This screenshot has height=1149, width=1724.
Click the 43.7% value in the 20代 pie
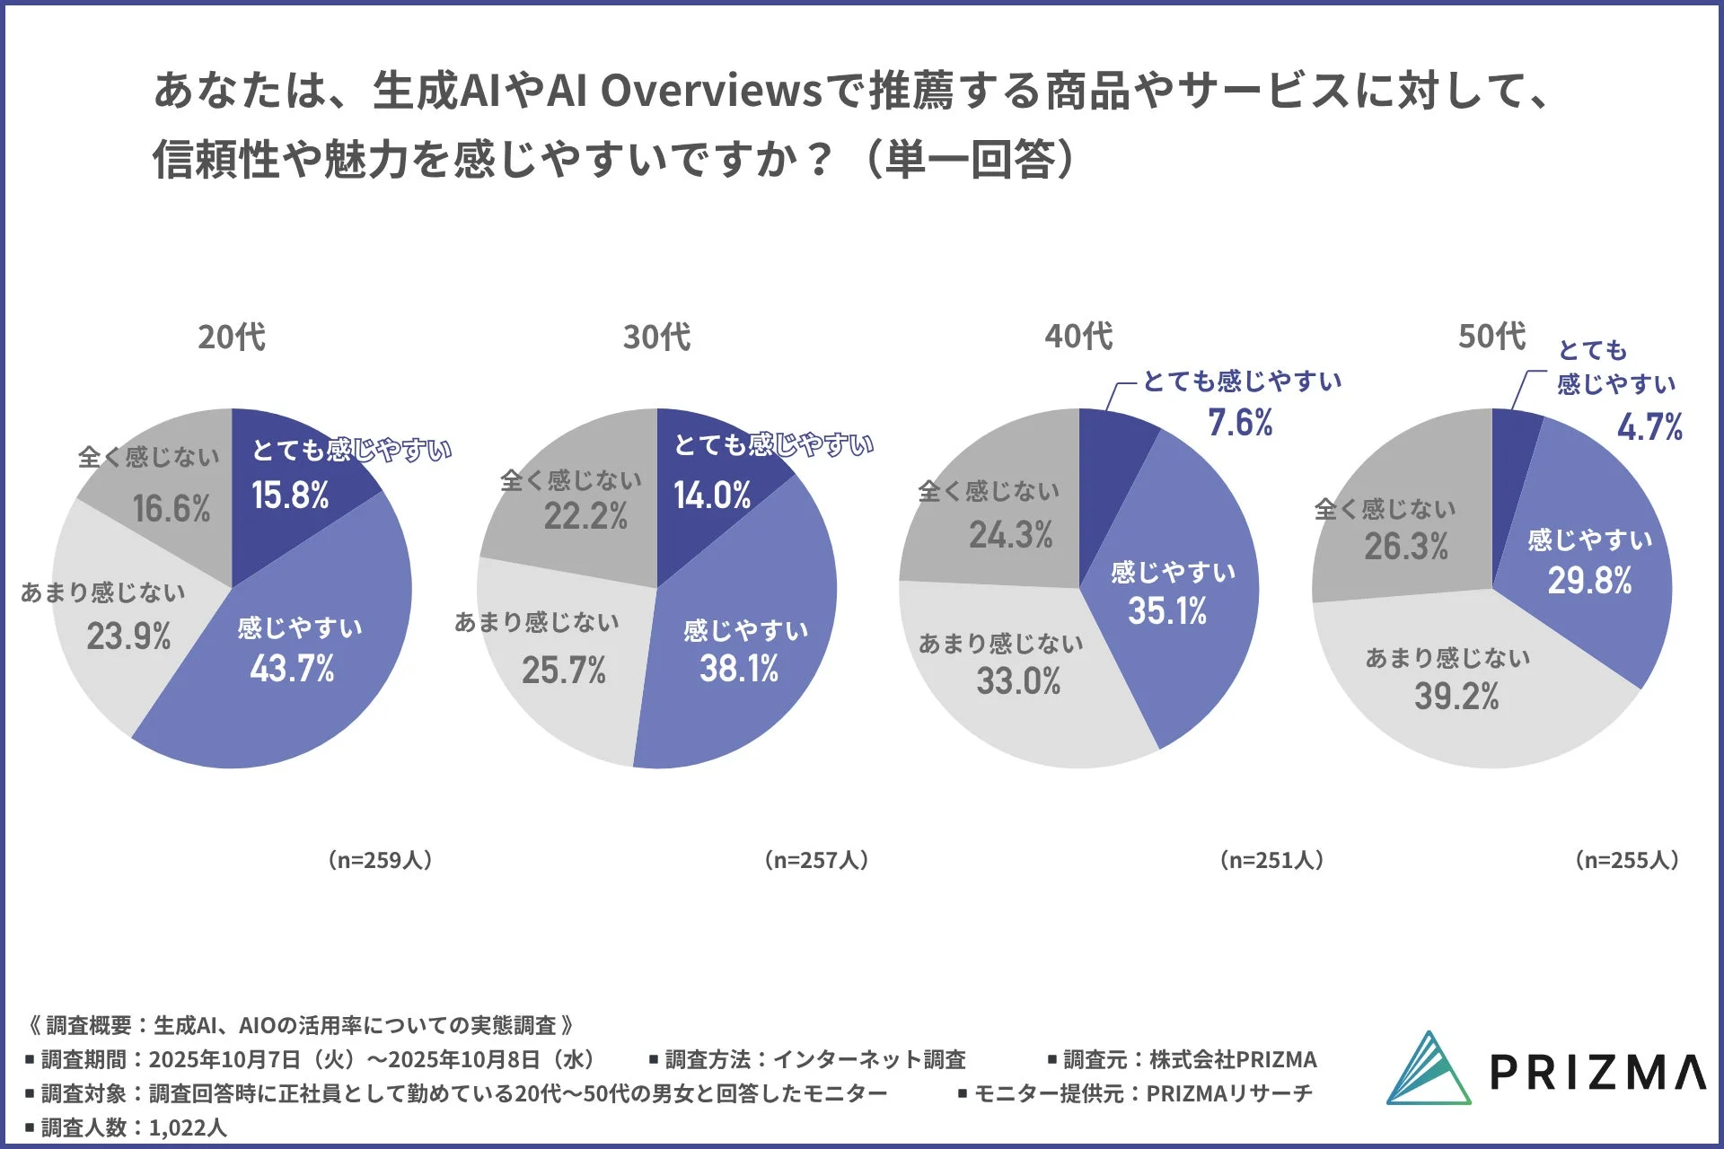point(292,669)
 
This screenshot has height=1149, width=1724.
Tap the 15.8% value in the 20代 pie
point(290,496)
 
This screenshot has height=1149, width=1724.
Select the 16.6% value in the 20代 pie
point(172,509)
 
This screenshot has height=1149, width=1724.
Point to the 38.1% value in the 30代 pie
point(739,669)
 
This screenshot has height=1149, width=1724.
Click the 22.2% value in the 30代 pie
point(585,516)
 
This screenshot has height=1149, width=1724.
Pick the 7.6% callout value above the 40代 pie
point(1240,423)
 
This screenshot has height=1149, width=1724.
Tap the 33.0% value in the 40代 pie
point(1018,681)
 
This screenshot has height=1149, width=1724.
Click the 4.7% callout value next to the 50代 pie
point(1649,427)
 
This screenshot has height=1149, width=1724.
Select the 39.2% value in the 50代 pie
point(1456,697)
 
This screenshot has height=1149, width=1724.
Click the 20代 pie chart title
point(232,338)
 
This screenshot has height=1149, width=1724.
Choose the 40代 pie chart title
point(1078,337)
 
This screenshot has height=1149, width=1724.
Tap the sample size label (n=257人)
point(816,860)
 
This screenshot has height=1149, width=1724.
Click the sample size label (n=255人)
point(1626,860)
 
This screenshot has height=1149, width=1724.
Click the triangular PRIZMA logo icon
point(1428,1069)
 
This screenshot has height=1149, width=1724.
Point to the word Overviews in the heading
point(710,91)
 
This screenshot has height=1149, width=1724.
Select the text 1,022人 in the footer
point(188,1127)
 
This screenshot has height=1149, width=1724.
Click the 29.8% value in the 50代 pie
point(1589,581)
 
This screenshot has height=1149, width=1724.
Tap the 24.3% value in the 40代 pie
point(1010,535)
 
